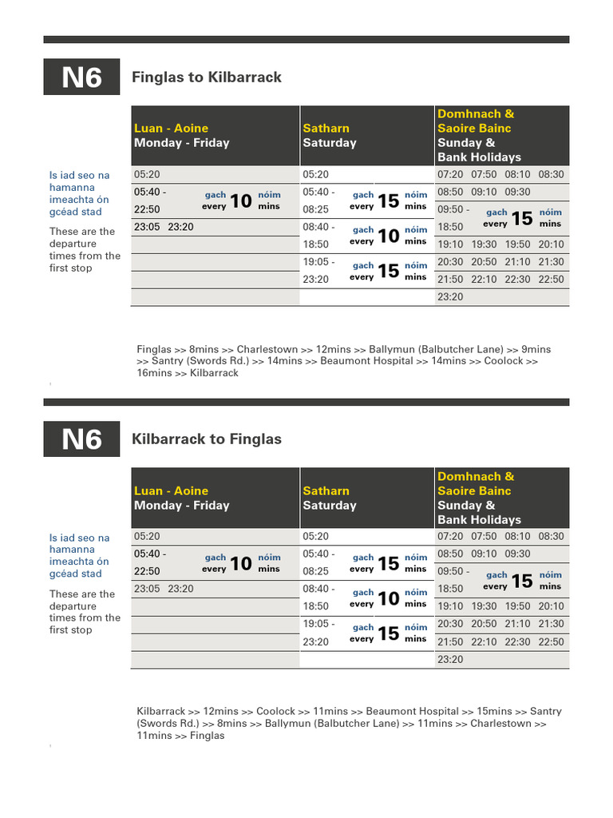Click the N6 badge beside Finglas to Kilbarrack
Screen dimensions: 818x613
[81, 77]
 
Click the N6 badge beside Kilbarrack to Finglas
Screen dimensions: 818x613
[81, 439]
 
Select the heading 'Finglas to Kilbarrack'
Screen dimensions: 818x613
[206, 77]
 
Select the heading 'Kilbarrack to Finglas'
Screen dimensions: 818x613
[206, 439]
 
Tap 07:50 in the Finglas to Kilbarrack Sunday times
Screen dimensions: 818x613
[484, 174]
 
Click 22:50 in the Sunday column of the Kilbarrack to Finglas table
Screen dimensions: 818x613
[551, 641]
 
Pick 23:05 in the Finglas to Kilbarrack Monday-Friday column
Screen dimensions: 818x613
[147, 226]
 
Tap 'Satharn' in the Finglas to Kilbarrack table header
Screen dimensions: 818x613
[326, 128]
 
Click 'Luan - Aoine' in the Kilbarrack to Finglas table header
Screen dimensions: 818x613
[171, 490]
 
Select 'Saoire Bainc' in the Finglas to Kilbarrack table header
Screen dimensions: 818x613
[474, 128]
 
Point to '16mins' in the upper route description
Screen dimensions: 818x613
[154, 373]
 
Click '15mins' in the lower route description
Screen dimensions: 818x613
[494, 711]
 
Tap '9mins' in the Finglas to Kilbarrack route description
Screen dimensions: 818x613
[536, 349]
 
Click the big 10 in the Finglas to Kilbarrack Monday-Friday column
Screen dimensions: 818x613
[241, 201]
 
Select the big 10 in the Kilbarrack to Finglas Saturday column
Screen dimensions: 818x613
[388, 598]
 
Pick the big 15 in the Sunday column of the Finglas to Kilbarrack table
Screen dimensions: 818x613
[521, 218]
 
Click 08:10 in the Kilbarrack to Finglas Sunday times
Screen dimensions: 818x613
[517, 536]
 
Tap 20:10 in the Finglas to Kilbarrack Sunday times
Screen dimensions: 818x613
[551, 244]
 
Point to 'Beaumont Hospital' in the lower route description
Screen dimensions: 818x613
[413, 711]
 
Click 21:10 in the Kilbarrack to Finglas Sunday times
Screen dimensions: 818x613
[517, 624]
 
